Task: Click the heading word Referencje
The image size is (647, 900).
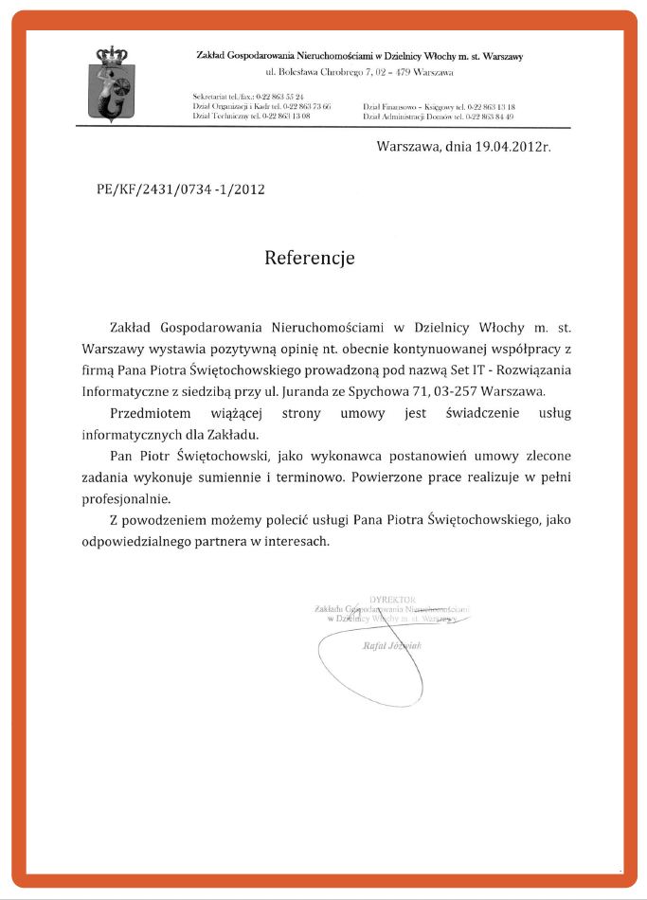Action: [309, 257]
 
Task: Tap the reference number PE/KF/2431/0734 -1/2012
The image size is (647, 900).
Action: [180, 189]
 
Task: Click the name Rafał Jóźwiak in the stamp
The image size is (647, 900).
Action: [391, 645]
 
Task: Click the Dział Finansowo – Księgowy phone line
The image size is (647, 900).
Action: [438, 107]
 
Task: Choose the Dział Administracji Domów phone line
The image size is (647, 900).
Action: [438, 116]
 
